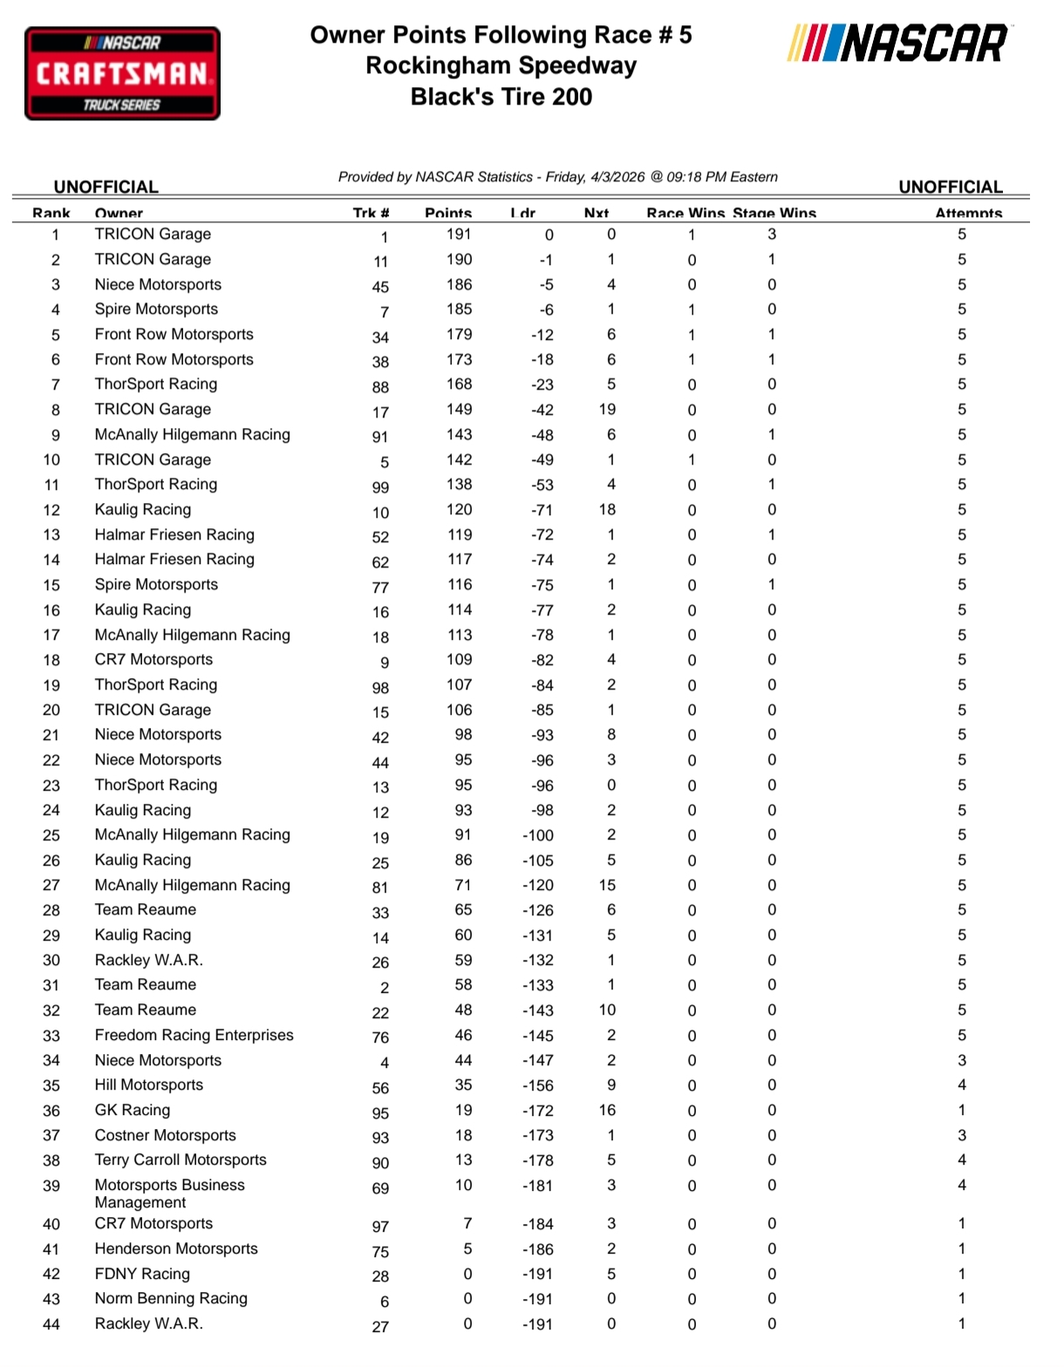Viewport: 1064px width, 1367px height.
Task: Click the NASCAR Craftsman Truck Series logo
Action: coord(122,73)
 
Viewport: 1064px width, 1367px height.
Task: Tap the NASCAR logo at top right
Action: coord(898,43)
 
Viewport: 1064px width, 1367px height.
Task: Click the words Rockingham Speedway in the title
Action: coord(501,66)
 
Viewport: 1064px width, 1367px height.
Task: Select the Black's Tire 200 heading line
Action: coord(501,97)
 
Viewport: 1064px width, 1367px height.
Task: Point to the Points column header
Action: coord(448,214)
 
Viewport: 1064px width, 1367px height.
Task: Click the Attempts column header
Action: coord(968,214)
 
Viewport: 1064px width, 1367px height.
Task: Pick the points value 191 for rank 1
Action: coord(459,235)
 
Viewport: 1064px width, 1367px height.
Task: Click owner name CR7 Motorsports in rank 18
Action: coord(153,660)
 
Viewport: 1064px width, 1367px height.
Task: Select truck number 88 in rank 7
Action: coord(380,387)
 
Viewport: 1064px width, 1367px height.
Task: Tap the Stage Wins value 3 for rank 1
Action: coord(772,235)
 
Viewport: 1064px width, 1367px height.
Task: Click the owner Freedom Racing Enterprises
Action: coord(194,1035)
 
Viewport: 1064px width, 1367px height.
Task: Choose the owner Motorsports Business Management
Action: coord(169,1194)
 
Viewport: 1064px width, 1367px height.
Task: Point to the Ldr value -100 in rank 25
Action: coord(538,835)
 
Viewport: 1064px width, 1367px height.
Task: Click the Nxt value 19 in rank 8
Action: coord(607,410)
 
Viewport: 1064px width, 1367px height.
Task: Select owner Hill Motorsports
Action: coord(149,1085)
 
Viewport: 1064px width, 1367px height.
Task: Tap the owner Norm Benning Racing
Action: coord(171,1298)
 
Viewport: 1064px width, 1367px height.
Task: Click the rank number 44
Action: coord(51,1324)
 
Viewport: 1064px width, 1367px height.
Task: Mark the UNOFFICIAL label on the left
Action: coord(106,187)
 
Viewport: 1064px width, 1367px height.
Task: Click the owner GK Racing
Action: coord(133,1110)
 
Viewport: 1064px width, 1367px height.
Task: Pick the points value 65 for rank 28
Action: coord(463,910)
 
